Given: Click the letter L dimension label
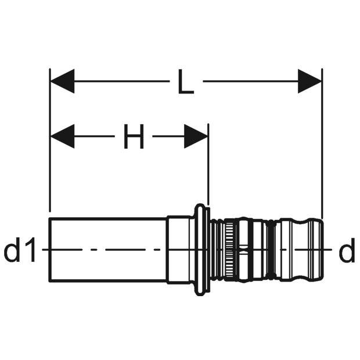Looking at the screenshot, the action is click(186, 82).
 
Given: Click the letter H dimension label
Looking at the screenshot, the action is click(134, 136).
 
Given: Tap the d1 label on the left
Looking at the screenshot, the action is click(20, 250).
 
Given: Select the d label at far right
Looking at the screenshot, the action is click(347, 250).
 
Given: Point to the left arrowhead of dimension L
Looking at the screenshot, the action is click(62, 81).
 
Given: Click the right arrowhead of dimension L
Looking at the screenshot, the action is click(309, 81).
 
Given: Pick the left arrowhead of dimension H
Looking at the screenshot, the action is click(62, 136).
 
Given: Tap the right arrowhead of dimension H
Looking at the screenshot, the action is click(196, 136).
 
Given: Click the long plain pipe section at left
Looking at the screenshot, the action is click(108, 250).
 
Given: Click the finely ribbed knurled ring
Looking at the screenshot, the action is click(229, 250).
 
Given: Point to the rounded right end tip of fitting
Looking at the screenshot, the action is click(322, 250).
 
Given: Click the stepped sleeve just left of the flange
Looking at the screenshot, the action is click(179, 250).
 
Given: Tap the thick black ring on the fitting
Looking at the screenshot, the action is click(272, 250).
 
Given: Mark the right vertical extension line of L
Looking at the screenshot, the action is click(322, 144).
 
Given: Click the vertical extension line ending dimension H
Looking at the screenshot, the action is click(208, 164).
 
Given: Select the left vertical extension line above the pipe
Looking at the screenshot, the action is click(50, 140).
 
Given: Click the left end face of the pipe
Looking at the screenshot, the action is click(50, 250).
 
